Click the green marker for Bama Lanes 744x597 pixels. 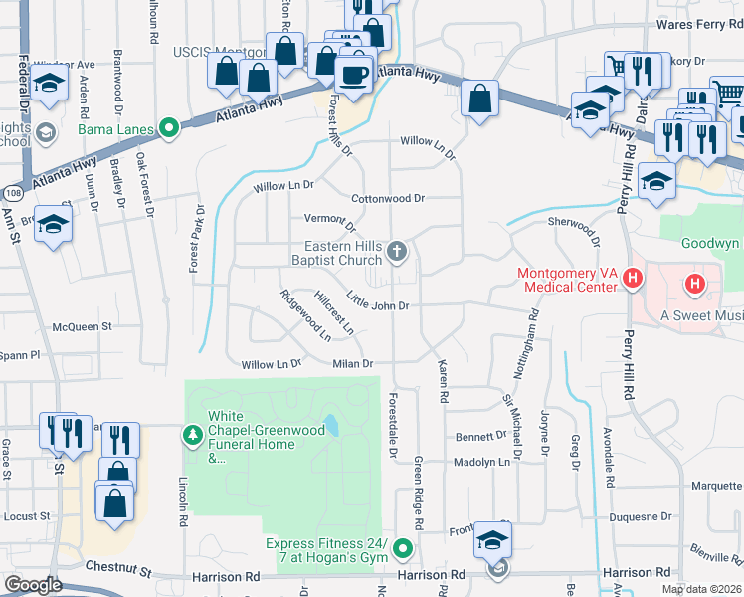click(x=169, y=127)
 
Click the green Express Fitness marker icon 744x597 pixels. click(x=403, y=548)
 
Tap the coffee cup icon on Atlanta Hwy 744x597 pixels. click(x=353, y=73)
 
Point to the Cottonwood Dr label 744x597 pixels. click(x=388, y=198)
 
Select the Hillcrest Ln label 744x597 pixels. click(x=334, y=311)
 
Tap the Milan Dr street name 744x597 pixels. click(x=352, y=364)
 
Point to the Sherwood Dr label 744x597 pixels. click(x=575, y=227)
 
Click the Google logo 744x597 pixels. click(x=33, y=585)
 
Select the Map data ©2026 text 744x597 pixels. click(x=701, y=589)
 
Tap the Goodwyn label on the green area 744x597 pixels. click(x=711, y=243)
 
